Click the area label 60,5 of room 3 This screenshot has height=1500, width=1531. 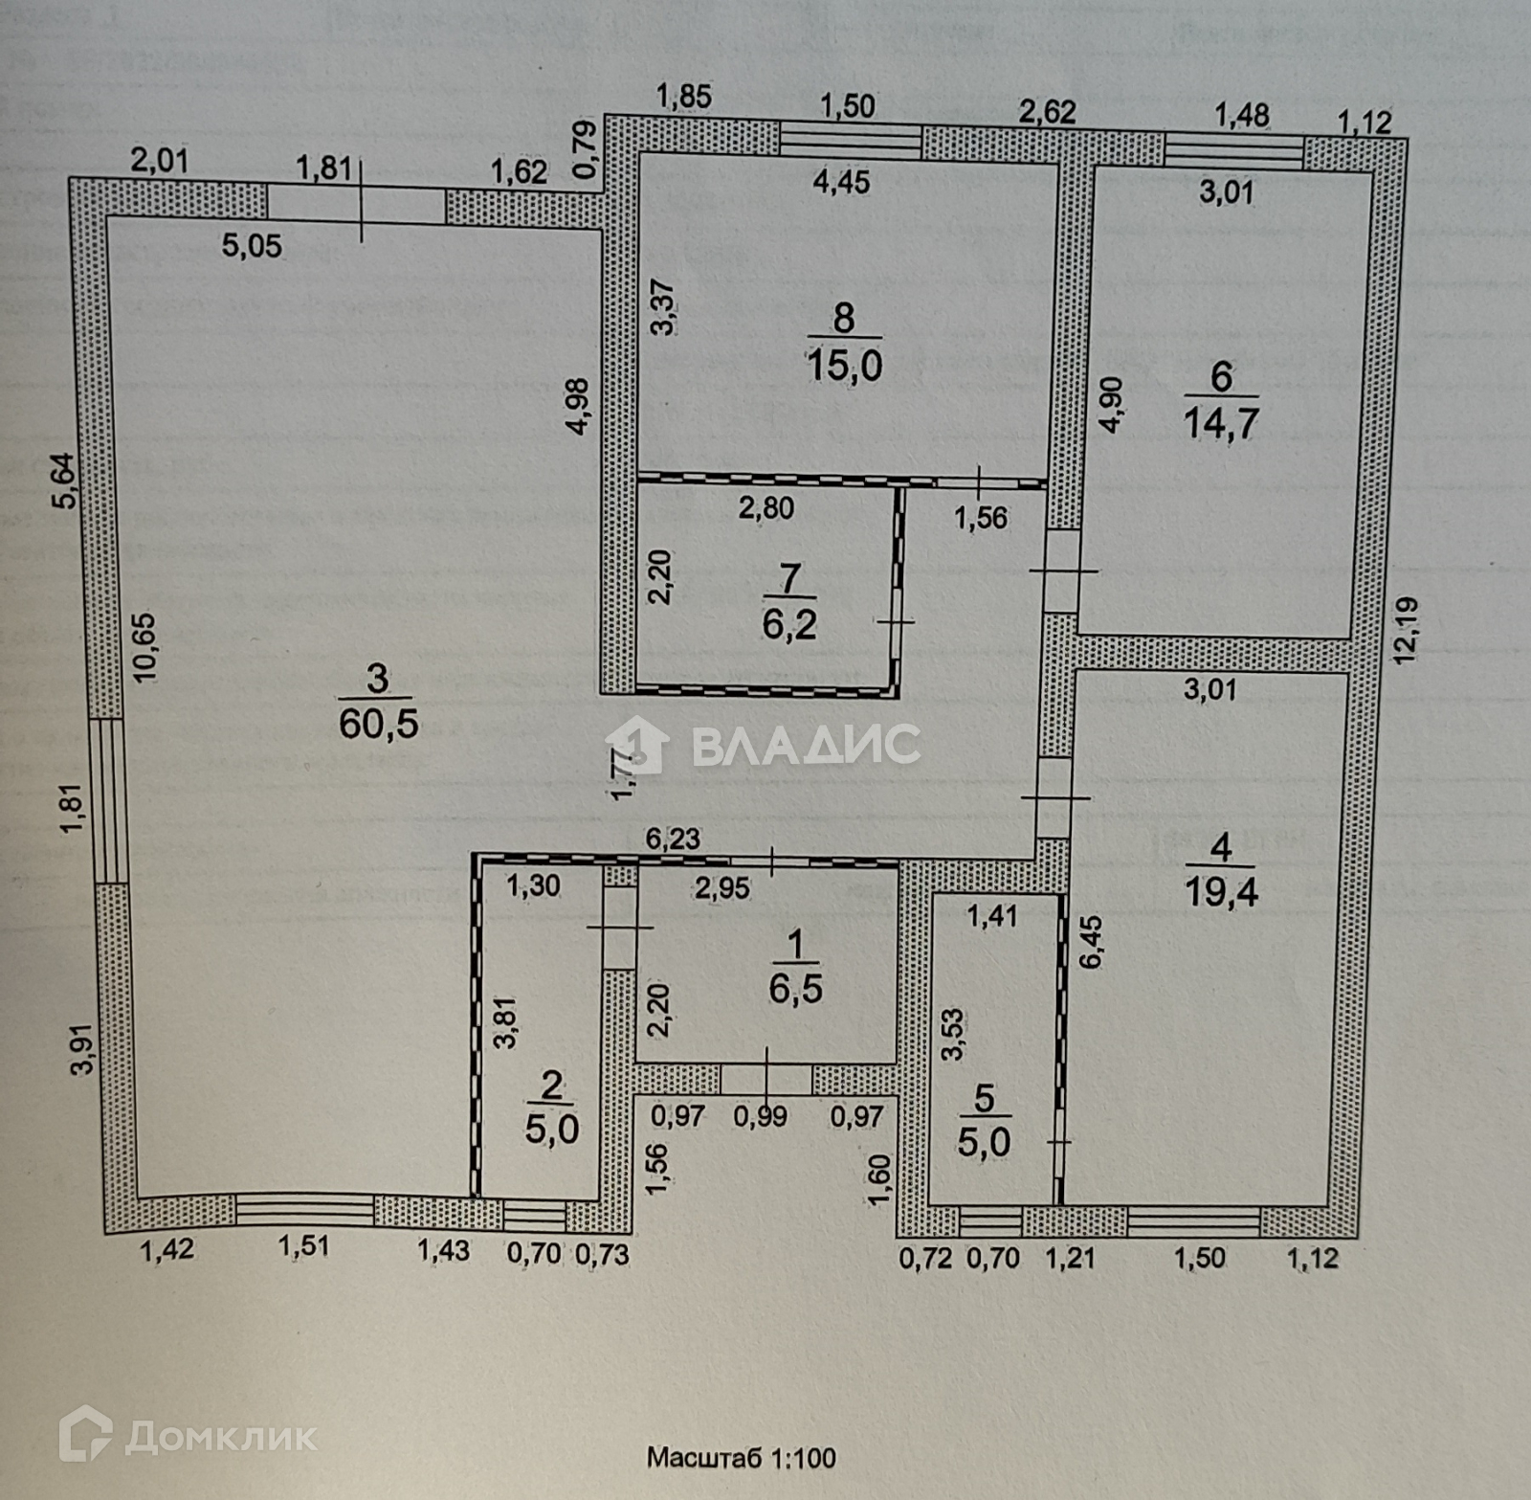click(x=379, y=723)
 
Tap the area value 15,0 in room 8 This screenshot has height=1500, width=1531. click(x=843, y=365)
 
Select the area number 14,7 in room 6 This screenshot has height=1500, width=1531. click(x=1221, y=421)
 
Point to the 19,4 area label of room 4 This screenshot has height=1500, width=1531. click(x=1221, y=892)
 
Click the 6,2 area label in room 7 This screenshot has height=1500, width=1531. click(x=789, y=624)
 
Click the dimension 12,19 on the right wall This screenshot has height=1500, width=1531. click(x=1406, y=630)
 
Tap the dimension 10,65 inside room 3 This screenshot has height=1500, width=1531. click(x=145, y=647)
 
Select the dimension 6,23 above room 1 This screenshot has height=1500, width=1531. click(x=673, y=840)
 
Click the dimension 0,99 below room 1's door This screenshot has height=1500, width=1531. click(x=761, y=1116)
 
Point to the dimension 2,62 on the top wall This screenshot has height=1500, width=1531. click(x=1046, y=112)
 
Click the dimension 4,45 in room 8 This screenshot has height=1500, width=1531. click(x=842, y=182)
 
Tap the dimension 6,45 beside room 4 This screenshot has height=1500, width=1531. click(x=1093, y=943)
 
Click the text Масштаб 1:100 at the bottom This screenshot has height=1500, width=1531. click(x=742, y=1458)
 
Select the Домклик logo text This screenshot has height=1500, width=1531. click(x=220, y=1437)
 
